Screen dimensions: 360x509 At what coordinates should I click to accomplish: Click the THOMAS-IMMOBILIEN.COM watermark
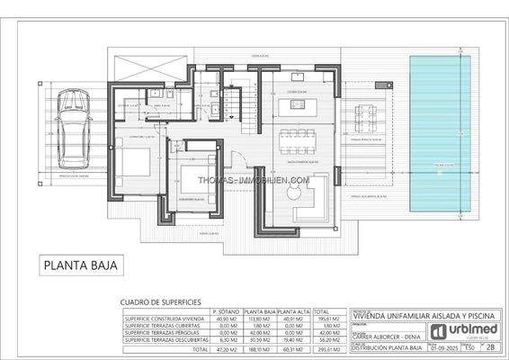click(254, 180)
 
